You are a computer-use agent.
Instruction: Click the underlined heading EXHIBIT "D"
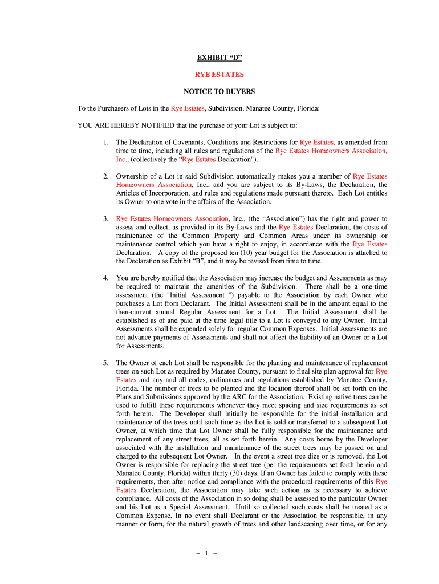click(x=219, y=58)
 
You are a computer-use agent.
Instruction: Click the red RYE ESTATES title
click(x=219, y=75)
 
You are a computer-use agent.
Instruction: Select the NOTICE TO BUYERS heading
click(x=219, y=91)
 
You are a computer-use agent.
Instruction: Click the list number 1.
click(x=105, y=143)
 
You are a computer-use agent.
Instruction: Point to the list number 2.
click(x=105, y=177)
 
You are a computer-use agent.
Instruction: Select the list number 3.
click(x=105, y=219)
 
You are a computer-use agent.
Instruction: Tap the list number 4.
click(x=105, y=278)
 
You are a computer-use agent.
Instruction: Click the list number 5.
click(x=105, y=363)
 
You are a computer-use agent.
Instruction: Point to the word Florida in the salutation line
click(x=308, y=108)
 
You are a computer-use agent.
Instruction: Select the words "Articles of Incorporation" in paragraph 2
click(x=153, y=193)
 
